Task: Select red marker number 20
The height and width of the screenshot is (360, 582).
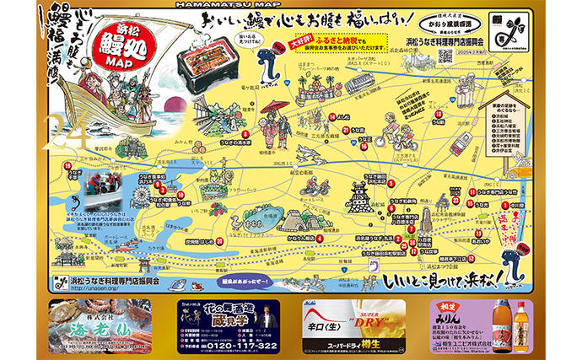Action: coord(219,240)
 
